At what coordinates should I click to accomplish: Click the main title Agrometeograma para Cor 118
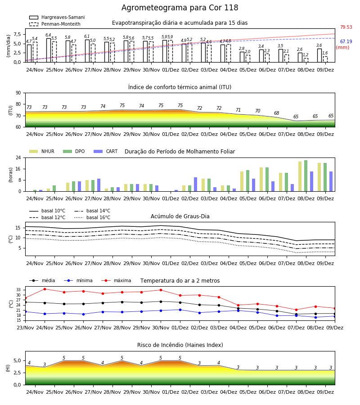[180, 8]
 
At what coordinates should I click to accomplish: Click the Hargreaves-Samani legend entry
[57, 17]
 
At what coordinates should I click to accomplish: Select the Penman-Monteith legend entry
[55, 24]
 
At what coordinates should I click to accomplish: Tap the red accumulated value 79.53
[346, 27]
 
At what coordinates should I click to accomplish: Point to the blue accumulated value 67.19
[346, 41]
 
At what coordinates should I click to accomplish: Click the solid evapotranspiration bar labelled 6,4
[49, 50]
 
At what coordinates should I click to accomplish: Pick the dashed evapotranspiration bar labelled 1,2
[306, 60]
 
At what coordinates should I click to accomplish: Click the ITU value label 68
[277, 113]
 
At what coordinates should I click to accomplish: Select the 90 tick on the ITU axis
[18, 93]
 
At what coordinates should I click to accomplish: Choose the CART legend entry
[106, 151]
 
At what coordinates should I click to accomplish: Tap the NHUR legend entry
[42, 151]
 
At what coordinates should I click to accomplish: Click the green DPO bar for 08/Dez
[306, 176]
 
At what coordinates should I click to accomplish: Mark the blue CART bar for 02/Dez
[195, 184]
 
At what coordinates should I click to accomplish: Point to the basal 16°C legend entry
[92, 217]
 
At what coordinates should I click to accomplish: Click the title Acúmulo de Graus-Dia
[180, 216]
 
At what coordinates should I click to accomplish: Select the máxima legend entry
[116, 280]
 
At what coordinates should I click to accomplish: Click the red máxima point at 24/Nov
[45, 289]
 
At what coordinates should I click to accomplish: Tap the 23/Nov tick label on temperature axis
[25, 328]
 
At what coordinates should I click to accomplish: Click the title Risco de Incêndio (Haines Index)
[180, 345]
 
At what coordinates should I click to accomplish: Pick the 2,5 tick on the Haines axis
[17, 373]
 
